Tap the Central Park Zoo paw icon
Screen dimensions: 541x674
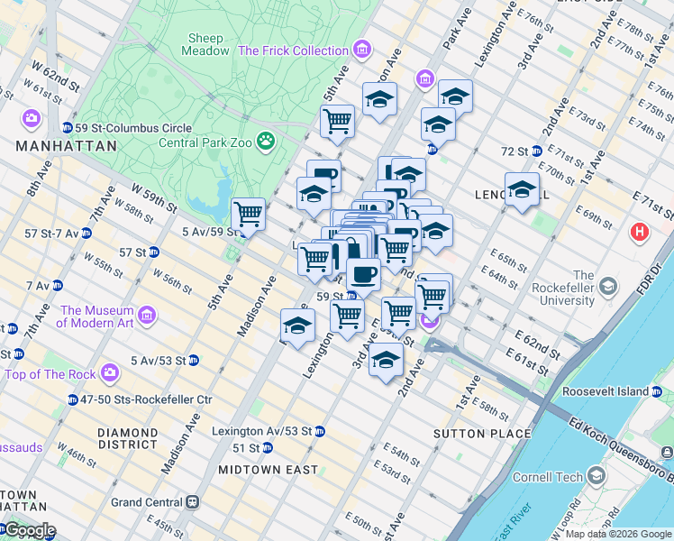[265, 141]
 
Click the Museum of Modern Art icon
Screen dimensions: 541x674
[147, 316]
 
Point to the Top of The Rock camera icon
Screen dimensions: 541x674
[110, 372]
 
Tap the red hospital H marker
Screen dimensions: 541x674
[640, 233]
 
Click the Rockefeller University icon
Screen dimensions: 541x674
[608, 287]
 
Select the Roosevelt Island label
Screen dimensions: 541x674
[605, 391]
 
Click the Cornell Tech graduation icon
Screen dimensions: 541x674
[596, 475]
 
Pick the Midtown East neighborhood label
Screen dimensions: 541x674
[268, 470]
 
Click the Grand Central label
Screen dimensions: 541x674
[147, 502]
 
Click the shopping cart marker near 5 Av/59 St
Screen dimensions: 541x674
[248, 215]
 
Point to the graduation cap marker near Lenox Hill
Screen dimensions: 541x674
[522, 189]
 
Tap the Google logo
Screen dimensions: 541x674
[29, 530]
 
